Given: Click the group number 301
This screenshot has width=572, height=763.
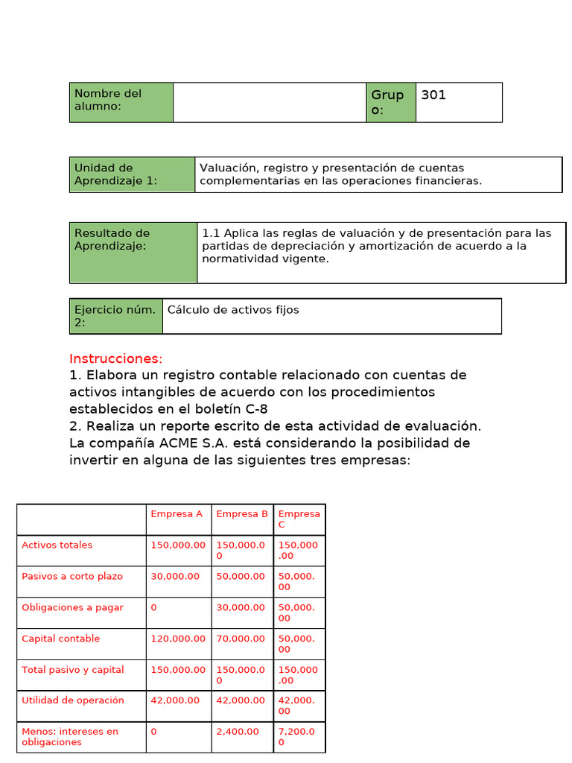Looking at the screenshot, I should click(x=433, y=95).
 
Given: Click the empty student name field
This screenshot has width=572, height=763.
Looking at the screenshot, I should click(x=269, y=102).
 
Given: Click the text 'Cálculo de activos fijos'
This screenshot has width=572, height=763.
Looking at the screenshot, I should click(x=233, y=309).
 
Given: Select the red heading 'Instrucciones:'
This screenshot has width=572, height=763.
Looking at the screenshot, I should click(x=115, y=358).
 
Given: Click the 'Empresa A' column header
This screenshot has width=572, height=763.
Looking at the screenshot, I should click(x=177, y=513).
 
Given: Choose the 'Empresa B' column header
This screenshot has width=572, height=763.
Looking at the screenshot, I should click(x=242, y=513).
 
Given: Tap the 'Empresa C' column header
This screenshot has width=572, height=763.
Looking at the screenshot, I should click(x=299, y=519).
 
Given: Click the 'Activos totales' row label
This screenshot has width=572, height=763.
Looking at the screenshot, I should click(x=57, y=545).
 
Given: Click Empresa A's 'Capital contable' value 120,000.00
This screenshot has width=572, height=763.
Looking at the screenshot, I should click(x=178, y=639).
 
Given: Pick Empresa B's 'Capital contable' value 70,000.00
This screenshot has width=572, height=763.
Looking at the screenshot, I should click(x=240, y=639).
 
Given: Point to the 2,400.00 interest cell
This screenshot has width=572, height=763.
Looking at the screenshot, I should click(x=238, y=732).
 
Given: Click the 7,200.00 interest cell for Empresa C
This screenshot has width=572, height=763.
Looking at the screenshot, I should click(x=299, y=737).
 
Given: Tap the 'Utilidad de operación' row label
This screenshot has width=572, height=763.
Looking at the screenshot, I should click(x=73, y=700).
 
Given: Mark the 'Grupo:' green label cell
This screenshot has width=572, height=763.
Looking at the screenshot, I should click(x=390, y=102).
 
